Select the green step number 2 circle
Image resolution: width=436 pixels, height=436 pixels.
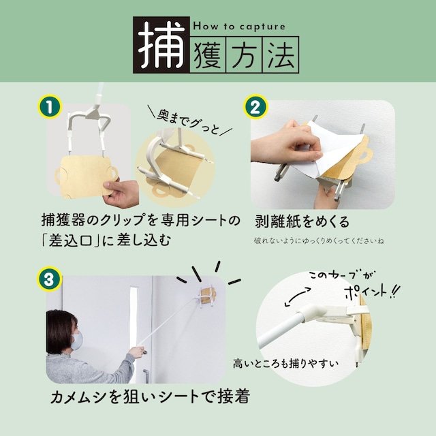(x=253, y=107)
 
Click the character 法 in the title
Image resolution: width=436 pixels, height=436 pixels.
(x=279, y=57)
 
